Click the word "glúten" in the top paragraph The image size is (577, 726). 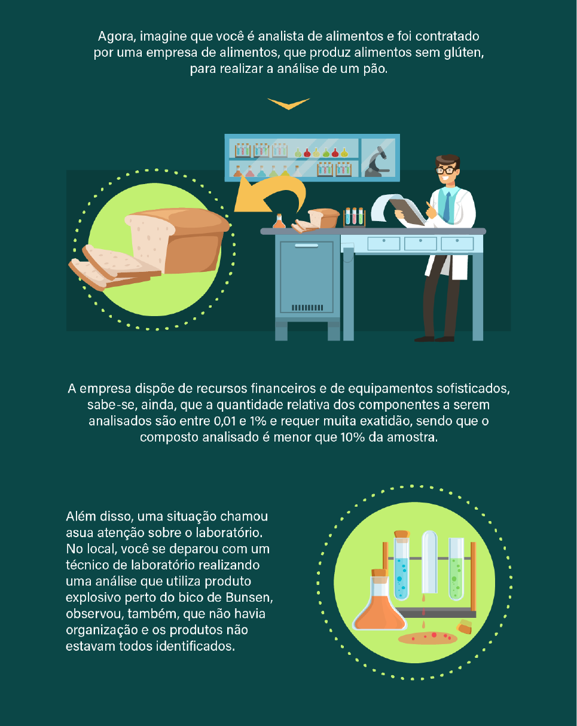click(464, 53)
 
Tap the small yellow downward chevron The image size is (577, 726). click(289, 103)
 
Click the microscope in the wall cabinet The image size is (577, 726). click(377, 161)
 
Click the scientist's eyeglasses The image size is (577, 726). click(446, 170)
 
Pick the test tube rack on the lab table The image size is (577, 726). click(354, 216)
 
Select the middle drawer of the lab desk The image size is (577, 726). click(420, 243)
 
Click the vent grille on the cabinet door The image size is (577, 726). click(307, 307)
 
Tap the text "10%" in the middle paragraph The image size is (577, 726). click(353, 437)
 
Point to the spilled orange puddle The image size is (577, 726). click(428, 638)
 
